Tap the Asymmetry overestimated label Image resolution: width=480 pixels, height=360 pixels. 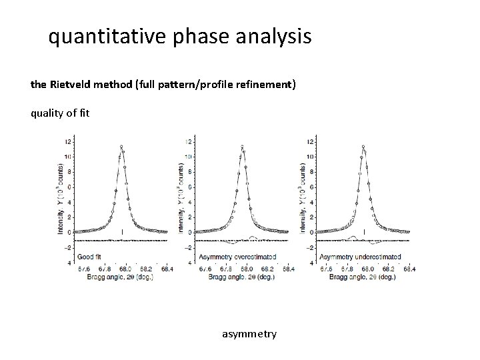click(231, 256)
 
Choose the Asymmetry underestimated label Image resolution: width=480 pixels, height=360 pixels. click(360, 256)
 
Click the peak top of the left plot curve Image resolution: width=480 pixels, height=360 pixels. click(121, 146)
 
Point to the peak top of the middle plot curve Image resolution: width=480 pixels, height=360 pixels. click(242, 146)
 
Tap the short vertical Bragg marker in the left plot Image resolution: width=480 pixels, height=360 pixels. click(122, 231)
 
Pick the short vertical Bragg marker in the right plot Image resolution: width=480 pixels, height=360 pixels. click(364, 231)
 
